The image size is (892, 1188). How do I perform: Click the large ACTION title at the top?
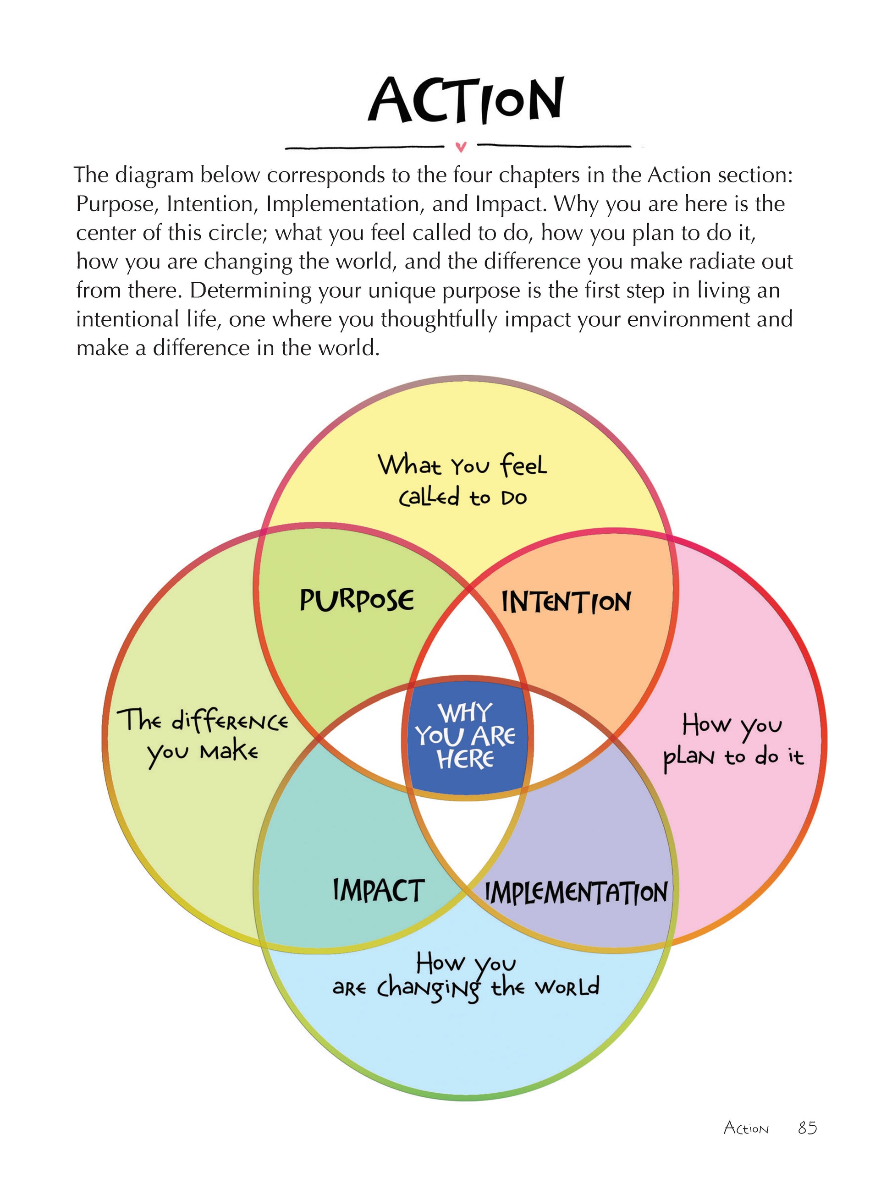(465, 100)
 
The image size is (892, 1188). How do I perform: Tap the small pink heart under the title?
(461, 146)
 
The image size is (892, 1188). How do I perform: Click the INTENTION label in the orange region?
(566, 602)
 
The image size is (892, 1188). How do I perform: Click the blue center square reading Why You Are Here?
(466, 736)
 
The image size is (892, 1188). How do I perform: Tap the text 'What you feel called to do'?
(463, 481)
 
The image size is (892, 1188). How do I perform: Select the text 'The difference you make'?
(203, 736)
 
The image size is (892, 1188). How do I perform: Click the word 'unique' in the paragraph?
(375, 290)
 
